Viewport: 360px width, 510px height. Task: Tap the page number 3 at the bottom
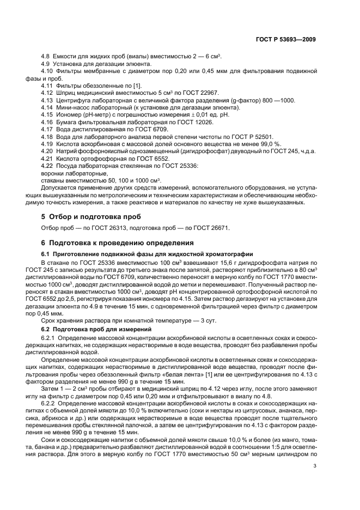point(315,450)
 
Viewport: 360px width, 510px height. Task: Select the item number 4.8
point(46,57)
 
